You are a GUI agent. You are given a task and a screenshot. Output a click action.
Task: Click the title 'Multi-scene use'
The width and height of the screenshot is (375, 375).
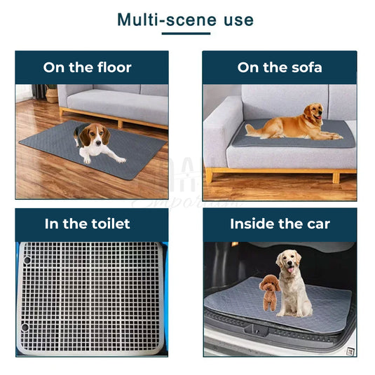coord(185,19)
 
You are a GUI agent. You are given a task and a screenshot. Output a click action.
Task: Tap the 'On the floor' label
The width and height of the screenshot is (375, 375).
coord(88,68)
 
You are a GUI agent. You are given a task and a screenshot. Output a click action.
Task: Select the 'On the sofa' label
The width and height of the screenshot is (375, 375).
coord(280,68)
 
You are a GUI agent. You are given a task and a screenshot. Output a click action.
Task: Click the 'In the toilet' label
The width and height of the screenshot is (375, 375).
coord(88,224)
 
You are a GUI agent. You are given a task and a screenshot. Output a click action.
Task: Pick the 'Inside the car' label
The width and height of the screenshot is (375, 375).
coord(280,224)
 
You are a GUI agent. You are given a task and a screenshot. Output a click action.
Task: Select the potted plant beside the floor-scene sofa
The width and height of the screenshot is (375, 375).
coord(51,93)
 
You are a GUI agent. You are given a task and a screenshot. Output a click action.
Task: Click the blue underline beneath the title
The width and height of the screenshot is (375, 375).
coord(185,33)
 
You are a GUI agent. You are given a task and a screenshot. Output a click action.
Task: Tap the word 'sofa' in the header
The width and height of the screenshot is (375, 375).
coord(304,68)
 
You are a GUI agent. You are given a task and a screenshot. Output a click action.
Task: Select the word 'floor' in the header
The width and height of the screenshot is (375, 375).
coord(111,68)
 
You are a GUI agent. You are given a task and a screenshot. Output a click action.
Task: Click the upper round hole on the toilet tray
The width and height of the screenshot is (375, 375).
coord(27,260)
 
